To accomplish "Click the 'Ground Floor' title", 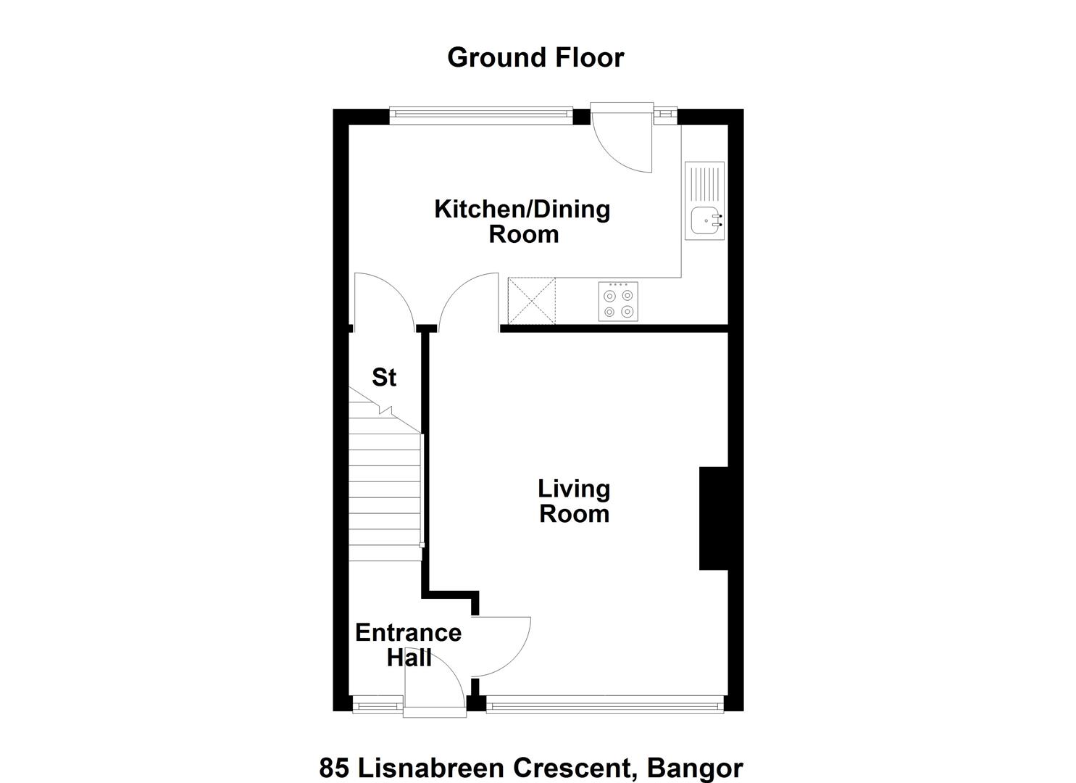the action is pos(535,58).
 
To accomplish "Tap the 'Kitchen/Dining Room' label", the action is pos(522,222).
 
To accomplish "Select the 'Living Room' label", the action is pos(574,501).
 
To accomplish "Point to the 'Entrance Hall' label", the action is pos(409,645).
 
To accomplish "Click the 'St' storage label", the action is pos(384,377).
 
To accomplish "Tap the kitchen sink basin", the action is pos(704,221).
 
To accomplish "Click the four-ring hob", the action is pos(618,302).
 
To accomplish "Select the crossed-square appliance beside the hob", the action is pos(532,301).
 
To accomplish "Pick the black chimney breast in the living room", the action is pos(714,518).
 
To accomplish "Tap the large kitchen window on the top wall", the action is pos(481,115).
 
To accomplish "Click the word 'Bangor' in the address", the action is pos(695,768).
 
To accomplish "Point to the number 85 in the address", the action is pos(334,768).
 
